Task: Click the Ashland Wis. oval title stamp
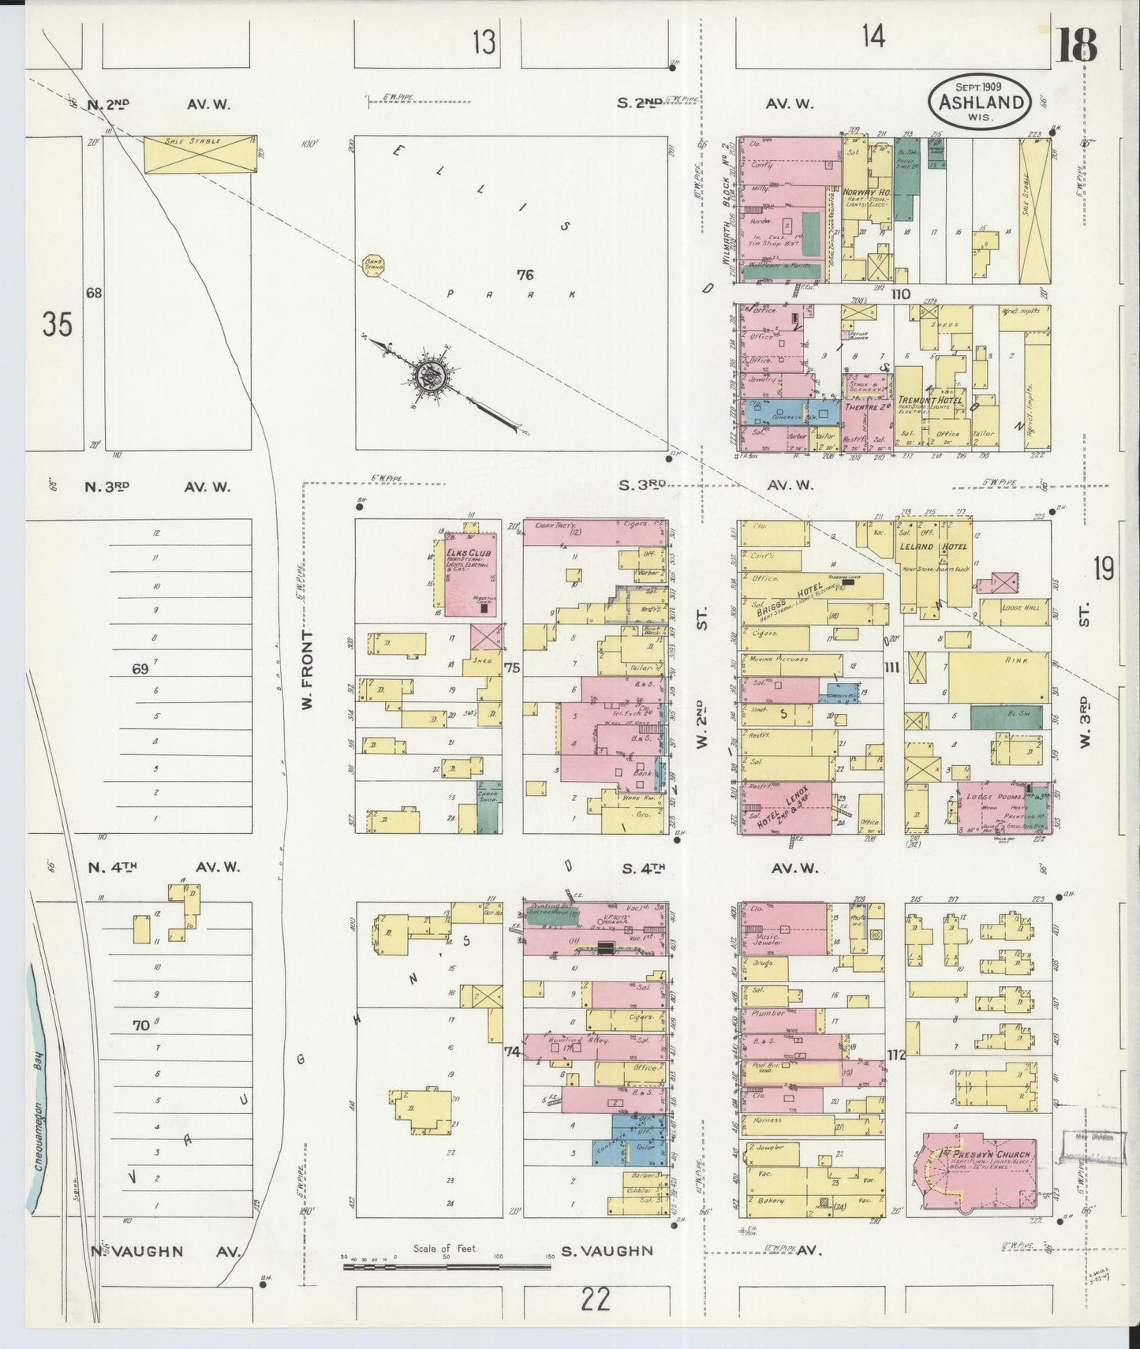click(979, 101)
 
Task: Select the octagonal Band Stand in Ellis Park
click(372, 266)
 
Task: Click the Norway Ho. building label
click(866, 192)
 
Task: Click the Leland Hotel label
click(937, 547)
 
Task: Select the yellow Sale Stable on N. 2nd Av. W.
click(200, 154)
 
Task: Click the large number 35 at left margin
click(58, 324)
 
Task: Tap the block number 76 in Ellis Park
click(525, 275)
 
